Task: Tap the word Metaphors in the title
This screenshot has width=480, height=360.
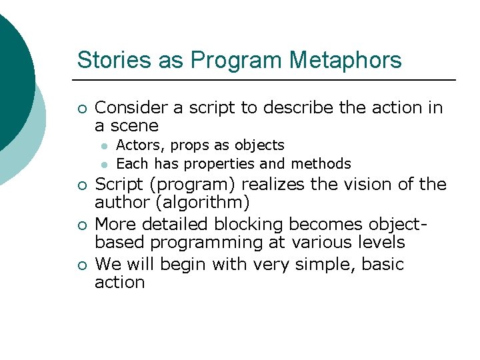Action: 345,60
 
